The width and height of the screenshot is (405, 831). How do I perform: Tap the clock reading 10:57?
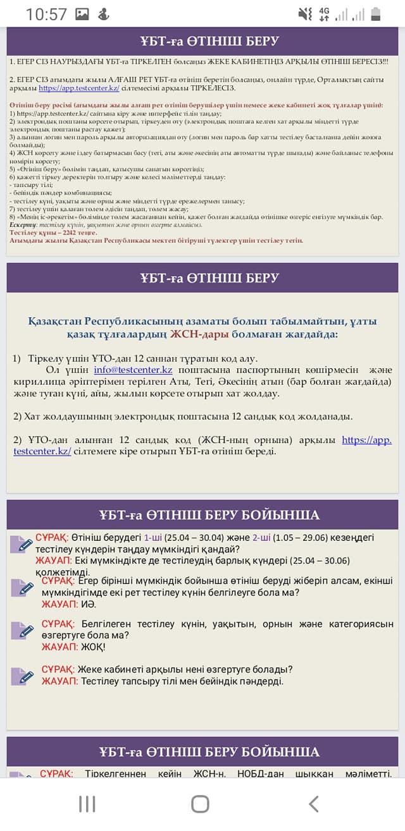pos(46,14)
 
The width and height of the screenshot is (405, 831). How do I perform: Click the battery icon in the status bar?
pos(376,14)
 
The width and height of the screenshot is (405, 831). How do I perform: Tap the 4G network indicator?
pos(324,14)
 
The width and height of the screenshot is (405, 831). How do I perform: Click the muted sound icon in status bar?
pos(304,14)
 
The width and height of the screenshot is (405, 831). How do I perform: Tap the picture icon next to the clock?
pos(82,14)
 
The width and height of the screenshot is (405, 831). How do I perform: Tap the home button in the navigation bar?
pos(200,803)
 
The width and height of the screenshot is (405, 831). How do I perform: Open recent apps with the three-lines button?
pos(87,803)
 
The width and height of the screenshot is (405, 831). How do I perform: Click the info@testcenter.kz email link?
pos(133,370)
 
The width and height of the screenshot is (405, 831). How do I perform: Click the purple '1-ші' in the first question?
pos(153,538)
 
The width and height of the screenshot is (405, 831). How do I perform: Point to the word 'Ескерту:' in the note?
pos(23,225)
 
